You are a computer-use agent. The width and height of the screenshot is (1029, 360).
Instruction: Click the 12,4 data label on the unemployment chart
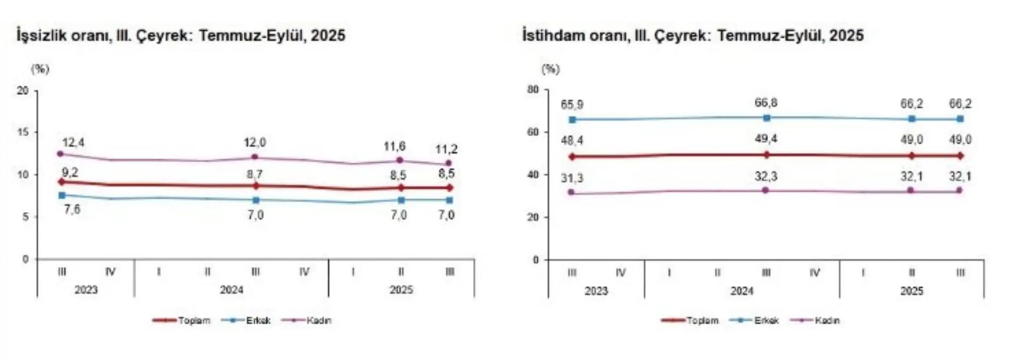pyautogui.click(x=73, y=143)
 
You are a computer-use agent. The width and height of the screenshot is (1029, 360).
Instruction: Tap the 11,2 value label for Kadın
pyautogui.click(x=446, y=149)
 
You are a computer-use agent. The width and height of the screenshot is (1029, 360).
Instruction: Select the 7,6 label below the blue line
pyautogui.click(x=72, y=210)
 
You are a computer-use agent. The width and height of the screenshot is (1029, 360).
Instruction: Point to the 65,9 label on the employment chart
pyautogui.click(x=572, y=105)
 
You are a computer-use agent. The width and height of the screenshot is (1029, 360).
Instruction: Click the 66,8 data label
pyautogui.click(x=766, y=103)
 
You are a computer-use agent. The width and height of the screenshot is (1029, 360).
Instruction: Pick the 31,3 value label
pyautogui.click(x=572, y=178)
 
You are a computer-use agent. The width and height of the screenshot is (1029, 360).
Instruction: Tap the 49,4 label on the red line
pyautogui.click(x=766, y=139)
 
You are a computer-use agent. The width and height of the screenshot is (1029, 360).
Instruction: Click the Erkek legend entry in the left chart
pyautogui.click(x=251, y=321)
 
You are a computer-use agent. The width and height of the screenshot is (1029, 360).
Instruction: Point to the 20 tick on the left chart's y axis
pyautogui.click(x=22, y=91)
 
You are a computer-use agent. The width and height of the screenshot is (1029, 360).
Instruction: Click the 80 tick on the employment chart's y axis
pyautogui.click(x=533, y=90)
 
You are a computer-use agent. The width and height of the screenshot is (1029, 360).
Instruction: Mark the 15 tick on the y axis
pyautogui.click(x=22, y=132)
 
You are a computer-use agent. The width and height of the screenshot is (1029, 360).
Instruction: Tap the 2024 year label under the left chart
pyautogui.click(x=232, y=290)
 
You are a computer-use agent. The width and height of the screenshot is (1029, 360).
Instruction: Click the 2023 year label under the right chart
pyautogui.click(x=596, y=291)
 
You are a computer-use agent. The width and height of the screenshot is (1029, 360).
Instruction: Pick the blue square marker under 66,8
pyautogui.click(x=767, y=118)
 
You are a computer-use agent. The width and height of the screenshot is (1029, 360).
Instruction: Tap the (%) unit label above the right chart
pyautogui.click(x=551, y=69)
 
